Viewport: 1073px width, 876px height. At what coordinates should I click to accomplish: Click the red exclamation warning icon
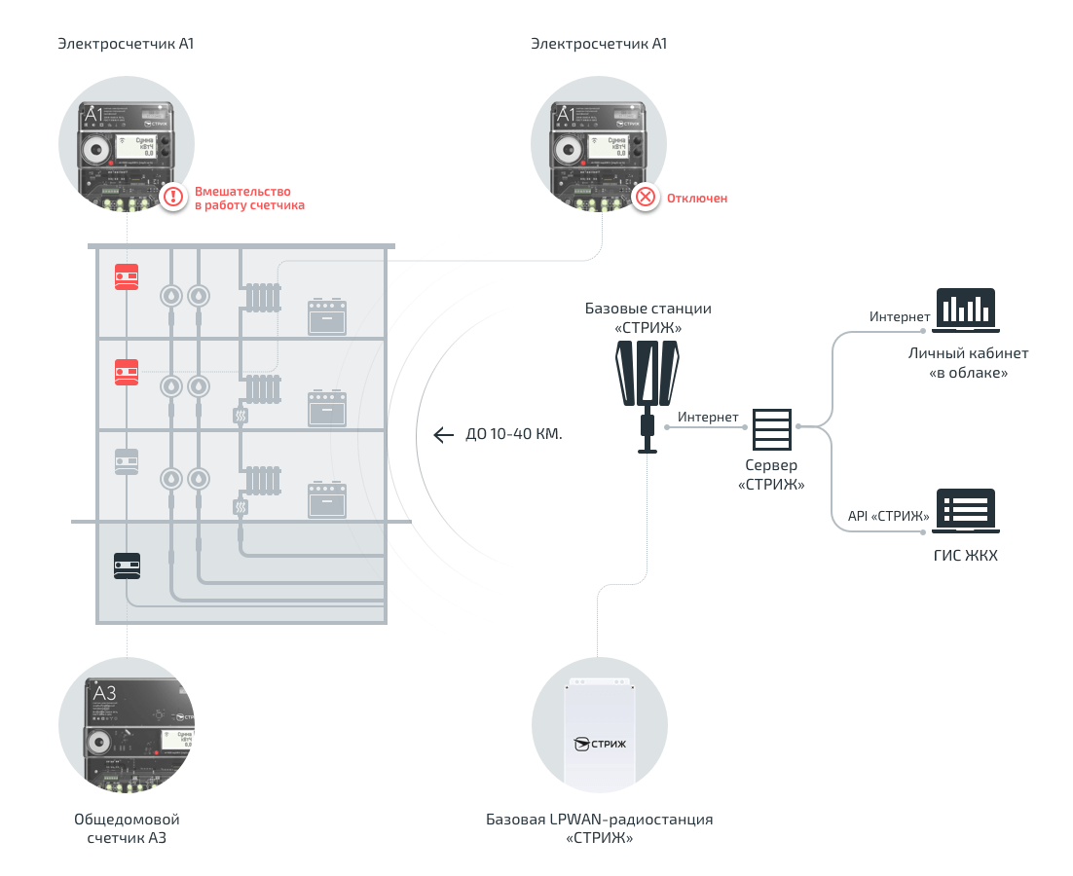(173, 198)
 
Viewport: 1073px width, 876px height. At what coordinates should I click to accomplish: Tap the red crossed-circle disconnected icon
(645, 198)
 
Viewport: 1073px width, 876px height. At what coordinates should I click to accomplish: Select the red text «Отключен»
(696, 199)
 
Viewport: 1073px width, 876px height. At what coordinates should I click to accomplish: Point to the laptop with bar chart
(966, 309)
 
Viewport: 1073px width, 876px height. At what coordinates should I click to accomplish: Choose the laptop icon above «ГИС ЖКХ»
(966, 510)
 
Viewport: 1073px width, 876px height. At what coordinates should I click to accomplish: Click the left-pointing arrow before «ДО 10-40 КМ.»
(444, 434)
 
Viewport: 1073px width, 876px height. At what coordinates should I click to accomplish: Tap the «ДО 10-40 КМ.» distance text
(514, 435)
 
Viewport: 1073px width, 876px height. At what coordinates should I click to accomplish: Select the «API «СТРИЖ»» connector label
(888, 516)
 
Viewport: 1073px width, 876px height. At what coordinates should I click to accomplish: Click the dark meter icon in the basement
(127, 566)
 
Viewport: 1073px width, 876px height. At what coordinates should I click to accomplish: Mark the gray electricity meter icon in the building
(127, 461)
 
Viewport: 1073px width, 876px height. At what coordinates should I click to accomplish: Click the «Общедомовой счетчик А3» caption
(127, 828)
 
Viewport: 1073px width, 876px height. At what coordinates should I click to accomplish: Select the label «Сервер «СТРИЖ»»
(772, 475)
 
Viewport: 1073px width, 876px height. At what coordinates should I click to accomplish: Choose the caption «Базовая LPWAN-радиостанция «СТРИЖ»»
(599, 828)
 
